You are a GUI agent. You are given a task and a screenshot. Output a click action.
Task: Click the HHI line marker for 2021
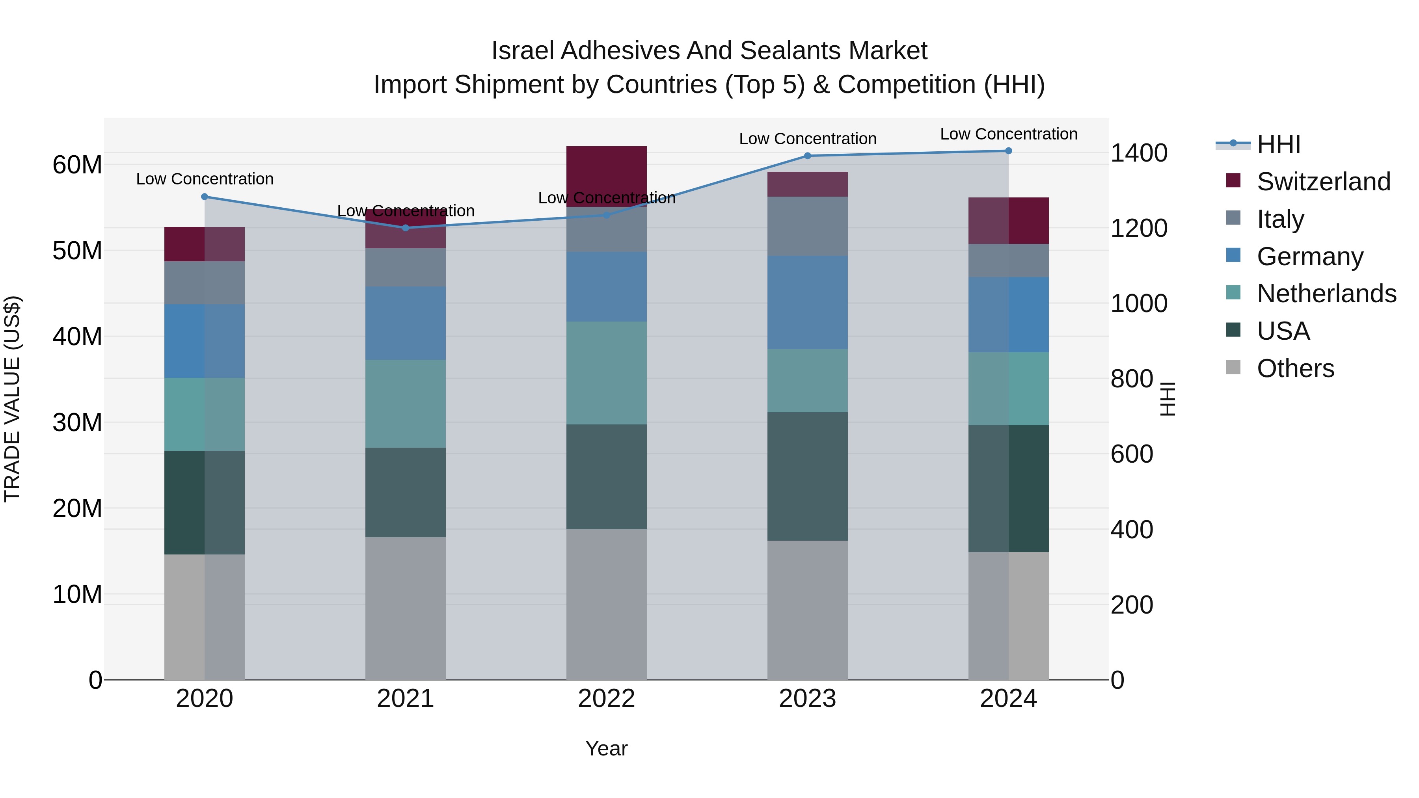point(406,227)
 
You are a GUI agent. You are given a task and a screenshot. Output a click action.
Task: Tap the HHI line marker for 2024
point(1009,151)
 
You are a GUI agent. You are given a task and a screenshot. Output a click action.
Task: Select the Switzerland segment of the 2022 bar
point(607,175)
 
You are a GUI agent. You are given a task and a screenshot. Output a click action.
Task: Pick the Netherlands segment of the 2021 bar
point(406,403)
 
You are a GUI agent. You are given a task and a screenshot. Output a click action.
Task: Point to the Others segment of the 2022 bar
point(607,604)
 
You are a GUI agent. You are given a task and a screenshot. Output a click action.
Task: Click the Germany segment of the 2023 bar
point(808,302)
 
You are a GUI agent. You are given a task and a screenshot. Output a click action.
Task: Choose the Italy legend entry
point(1280,219)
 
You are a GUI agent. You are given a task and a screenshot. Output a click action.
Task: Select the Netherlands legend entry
point(1326,294)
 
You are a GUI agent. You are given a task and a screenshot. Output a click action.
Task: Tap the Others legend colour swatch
point(1233,367)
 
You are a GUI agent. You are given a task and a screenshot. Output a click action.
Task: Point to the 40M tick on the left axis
point(77,337)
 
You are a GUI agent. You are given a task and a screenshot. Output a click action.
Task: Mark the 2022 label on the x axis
point(607,699)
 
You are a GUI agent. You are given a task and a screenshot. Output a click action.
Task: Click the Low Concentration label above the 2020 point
point(205,179)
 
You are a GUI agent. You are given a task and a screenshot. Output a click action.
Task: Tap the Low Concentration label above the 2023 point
point(808,139)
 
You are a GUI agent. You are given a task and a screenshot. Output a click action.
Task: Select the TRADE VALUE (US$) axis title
point(12,399)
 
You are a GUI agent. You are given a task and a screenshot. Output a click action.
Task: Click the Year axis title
point(607,748)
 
